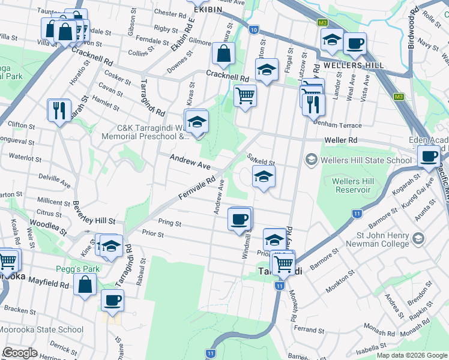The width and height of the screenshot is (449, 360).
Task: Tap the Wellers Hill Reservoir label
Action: click(x=354, y=185)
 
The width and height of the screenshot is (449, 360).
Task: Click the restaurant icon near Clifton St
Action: click(x=59, y=110)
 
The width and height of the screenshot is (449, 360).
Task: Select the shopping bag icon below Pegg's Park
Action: click(x=86, y=284)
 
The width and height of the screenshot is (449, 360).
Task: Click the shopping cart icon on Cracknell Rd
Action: click(x=245, y=95)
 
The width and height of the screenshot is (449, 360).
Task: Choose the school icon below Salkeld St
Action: click(x=263, y=178)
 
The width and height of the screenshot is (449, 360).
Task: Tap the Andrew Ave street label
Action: click(x=190, y=160)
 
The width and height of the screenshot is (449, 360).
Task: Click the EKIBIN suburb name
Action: click(x=206, y=10)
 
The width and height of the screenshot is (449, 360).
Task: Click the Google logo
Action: click(x=20, y=353)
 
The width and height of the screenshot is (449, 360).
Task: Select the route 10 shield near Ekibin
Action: click(x=254, y=29)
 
